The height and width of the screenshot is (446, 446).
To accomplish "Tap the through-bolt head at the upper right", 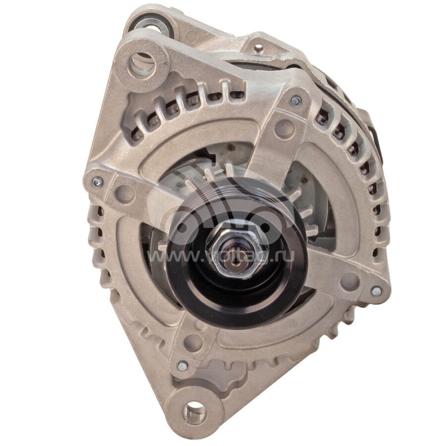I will (x=295, y=101).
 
